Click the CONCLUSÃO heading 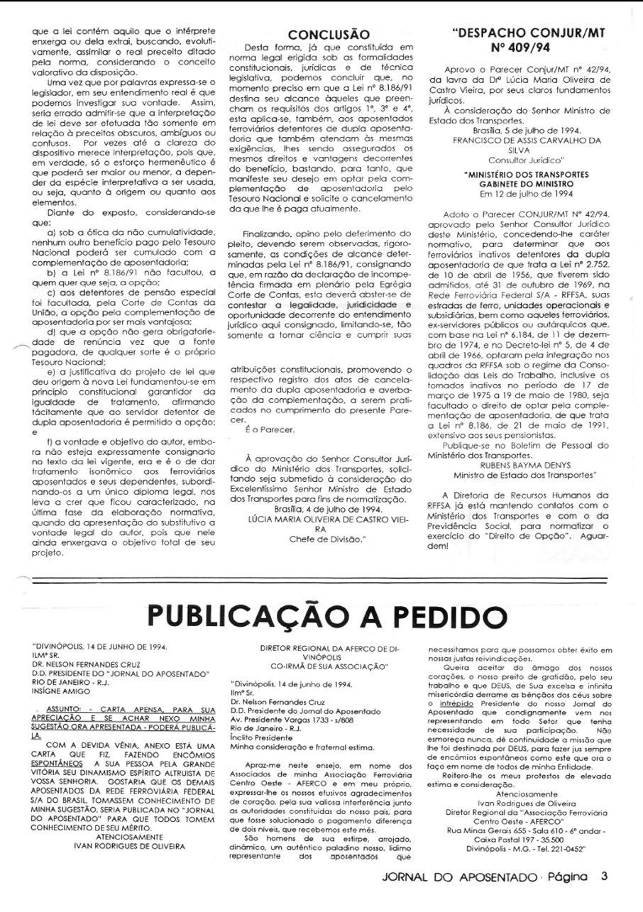click(329, 34)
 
